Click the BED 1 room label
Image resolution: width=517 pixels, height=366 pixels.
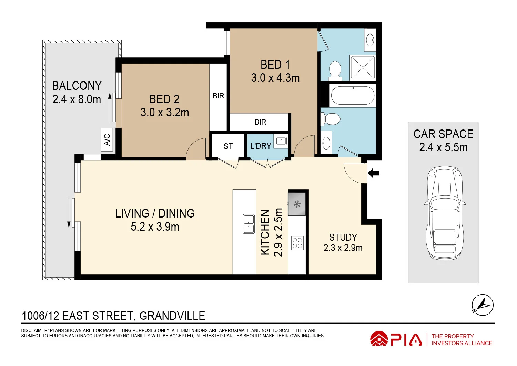(275, 65)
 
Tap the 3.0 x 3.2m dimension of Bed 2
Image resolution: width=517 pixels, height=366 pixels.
(165, 113)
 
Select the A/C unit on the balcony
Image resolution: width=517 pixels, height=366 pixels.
(107, 139)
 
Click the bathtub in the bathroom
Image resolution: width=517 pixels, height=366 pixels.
(352, 95)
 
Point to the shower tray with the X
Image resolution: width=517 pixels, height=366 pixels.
(363, 68)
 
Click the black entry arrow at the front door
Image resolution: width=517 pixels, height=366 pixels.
(374, 173)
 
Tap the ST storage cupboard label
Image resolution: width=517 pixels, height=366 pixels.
(228, 146)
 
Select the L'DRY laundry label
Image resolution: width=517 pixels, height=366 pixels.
(261, 146)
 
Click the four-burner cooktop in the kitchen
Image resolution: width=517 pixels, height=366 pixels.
(297, 243)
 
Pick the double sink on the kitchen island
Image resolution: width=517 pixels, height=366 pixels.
(249, 224)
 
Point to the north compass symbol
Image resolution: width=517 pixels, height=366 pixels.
(482, 305)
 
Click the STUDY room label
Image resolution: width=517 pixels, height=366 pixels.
(343, 237)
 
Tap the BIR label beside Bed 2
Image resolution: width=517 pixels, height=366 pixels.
(219, 96)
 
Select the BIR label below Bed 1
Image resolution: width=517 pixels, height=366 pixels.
(261, 122)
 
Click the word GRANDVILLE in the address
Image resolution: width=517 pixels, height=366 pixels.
(172, 316)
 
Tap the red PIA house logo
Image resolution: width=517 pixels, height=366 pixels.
(379, 339)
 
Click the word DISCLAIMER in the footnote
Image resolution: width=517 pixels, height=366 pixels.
(34, 330)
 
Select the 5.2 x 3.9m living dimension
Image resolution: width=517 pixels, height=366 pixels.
(155, 227)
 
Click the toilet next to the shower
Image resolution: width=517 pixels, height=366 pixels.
(335, 69)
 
